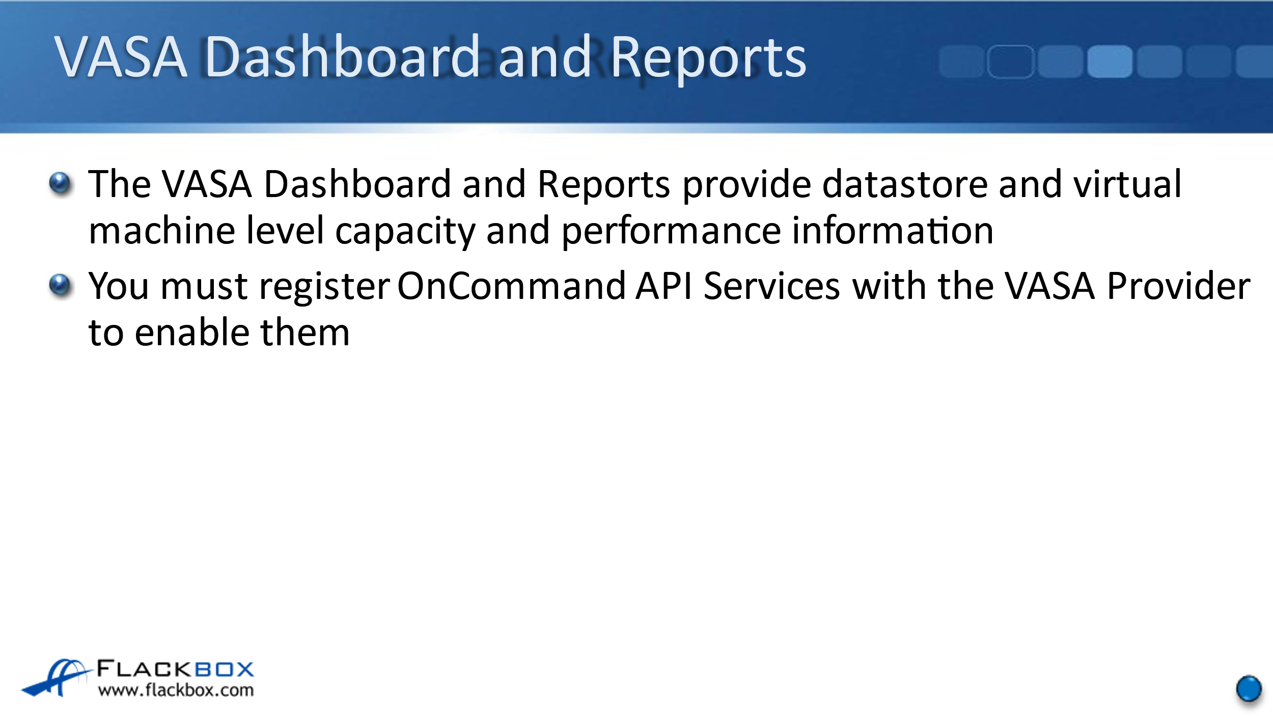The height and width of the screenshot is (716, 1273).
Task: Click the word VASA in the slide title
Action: click(x=121, y=57)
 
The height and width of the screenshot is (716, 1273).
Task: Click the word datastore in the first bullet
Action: click(x=905, y=184)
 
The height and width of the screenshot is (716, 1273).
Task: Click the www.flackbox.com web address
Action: click(x=176, y=690)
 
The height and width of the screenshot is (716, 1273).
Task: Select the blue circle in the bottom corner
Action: click(x=1249, y=689)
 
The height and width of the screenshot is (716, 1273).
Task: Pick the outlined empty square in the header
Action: click(x=1011, y=62)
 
